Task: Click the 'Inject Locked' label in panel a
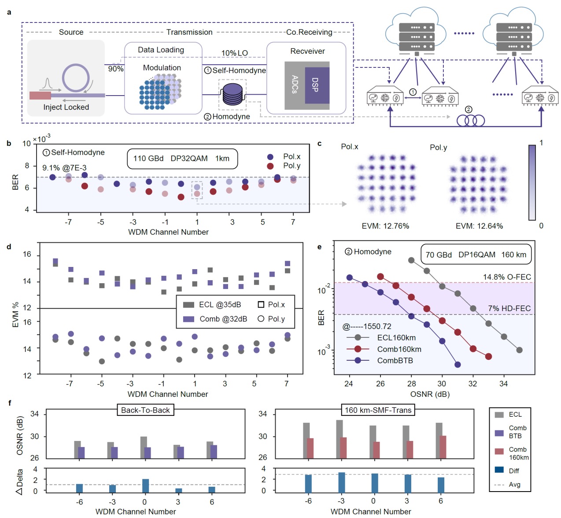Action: [x=66, y=107]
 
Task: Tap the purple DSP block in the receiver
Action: [x=317, y=85]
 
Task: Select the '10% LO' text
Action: [x=234, y=53]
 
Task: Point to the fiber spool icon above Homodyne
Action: [x=233, y=94]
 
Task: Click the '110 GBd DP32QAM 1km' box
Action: [x=182, y=159]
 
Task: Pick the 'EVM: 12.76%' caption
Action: [x=385, y=226]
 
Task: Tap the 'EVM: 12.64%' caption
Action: [x=479, y=226]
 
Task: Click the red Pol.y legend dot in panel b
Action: [x=270, y=166]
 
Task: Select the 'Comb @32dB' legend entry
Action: [x=215, y=319]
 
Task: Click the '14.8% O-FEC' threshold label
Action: [x=507, y=277]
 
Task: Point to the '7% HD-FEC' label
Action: [x=509, y=308]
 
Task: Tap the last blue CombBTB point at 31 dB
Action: [x=458, y=364]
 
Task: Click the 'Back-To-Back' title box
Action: [x=145, y=410]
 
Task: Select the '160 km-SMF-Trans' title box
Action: [x=378, y=410]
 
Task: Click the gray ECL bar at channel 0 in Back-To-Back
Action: [x=144, y=447]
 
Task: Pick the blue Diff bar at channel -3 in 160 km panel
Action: [x=342, y=482]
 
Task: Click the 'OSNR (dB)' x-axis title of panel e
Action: [x=429, y=394]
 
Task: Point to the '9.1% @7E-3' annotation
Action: [x=64, y=168]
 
